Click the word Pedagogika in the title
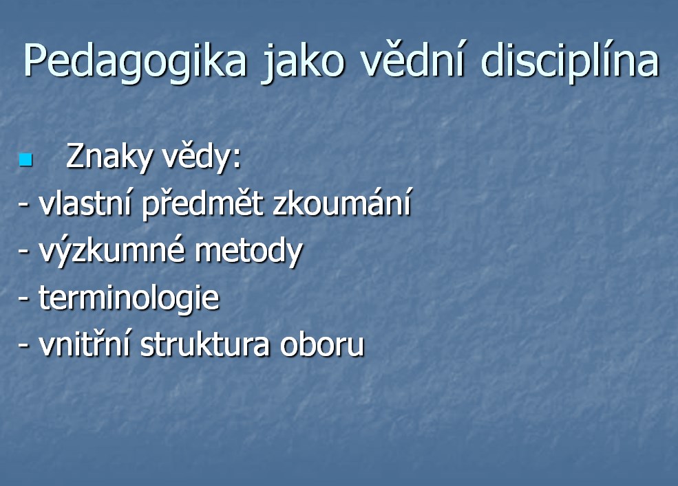pos(134,61)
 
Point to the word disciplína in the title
pos(571,61)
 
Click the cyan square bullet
pos(26,160)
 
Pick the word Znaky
pos(109,156)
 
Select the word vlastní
pos(85,202)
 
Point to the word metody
pos(249,251)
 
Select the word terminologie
pos(129,298)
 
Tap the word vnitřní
pos(84,344)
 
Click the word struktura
pos(205,344)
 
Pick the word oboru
pos(322,344)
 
